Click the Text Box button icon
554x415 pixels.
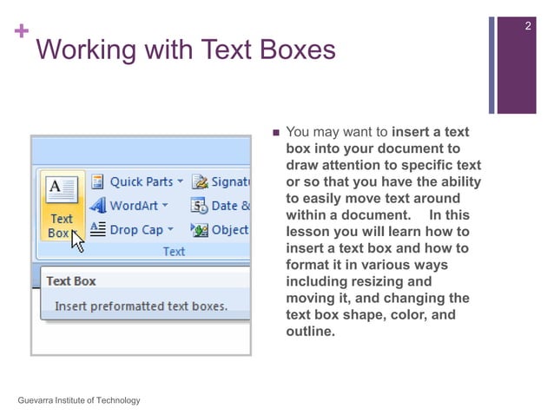click(62, 188)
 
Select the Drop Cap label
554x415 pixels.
click(135, 230)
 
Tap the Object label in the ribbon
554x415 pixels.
click(229, 230)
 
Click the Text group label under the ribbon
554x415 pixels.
click(174, 252)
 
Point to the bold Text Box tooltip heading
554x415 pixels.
click(71, 281)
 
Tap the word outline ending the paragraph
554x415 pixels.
click(309, 331)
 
